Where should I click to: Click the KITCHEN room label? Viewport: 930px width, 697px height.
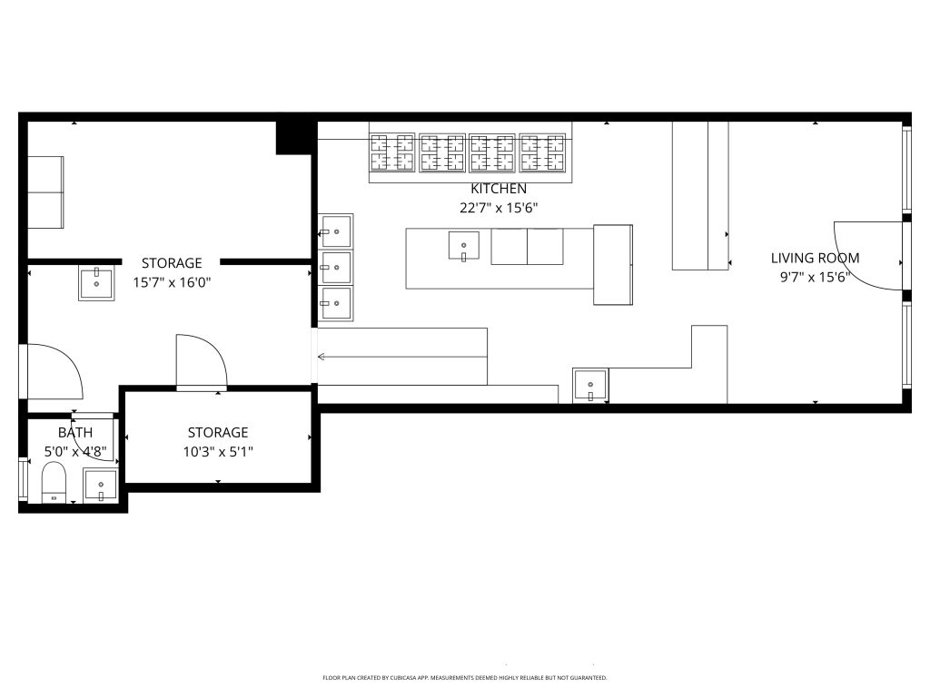[x=498, y=189]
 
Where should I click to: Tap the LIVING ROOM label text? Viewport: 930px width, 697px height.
[x=815, y=258]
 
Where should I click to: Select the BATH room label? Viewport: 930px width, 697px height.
[x=75, y=432]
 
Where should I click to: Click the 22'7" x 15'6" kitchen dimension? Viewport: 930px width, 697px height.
[x=498, y=207]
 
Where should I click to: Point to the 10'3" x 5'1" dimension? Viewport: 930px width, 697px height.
[x=217, y=451]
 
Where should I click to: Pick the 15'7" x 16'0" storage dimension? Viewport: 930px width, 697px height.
[x=171, y=281]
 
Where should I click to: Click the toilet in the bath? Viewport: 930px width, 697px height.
[x=54, y=483]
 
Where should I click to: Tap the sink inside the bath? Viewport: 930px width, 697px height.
[x=100, y=486]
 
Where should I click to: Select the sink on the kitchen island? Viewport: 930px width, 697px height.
[x=463, y=245]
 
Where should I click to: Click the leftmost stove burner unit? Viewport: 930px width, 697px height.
[x=392, y=152]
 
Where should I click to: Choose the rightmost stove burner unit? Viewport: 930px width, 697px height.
[x=543, y=152]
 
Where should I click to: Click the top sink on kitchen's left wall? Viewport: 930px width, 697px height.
[x=336, y=231]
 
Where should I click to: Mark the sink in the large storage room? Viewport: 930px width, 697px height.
[x=95, y=283]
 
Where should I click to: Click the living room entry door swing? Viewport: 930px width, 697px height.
[x=867, y=256]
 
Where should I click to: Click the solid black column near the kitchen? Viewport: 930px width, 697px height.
[x=294, y=137]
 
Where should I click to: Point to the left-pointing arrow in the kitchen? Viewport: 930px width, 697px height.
[x=322, y=357]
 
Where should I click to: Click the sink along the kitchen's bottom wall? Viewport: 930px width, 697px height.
[x=590, y=386]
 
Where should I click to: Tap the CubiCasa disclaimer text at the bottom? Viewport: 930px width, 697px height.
[x=464, y=678]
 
